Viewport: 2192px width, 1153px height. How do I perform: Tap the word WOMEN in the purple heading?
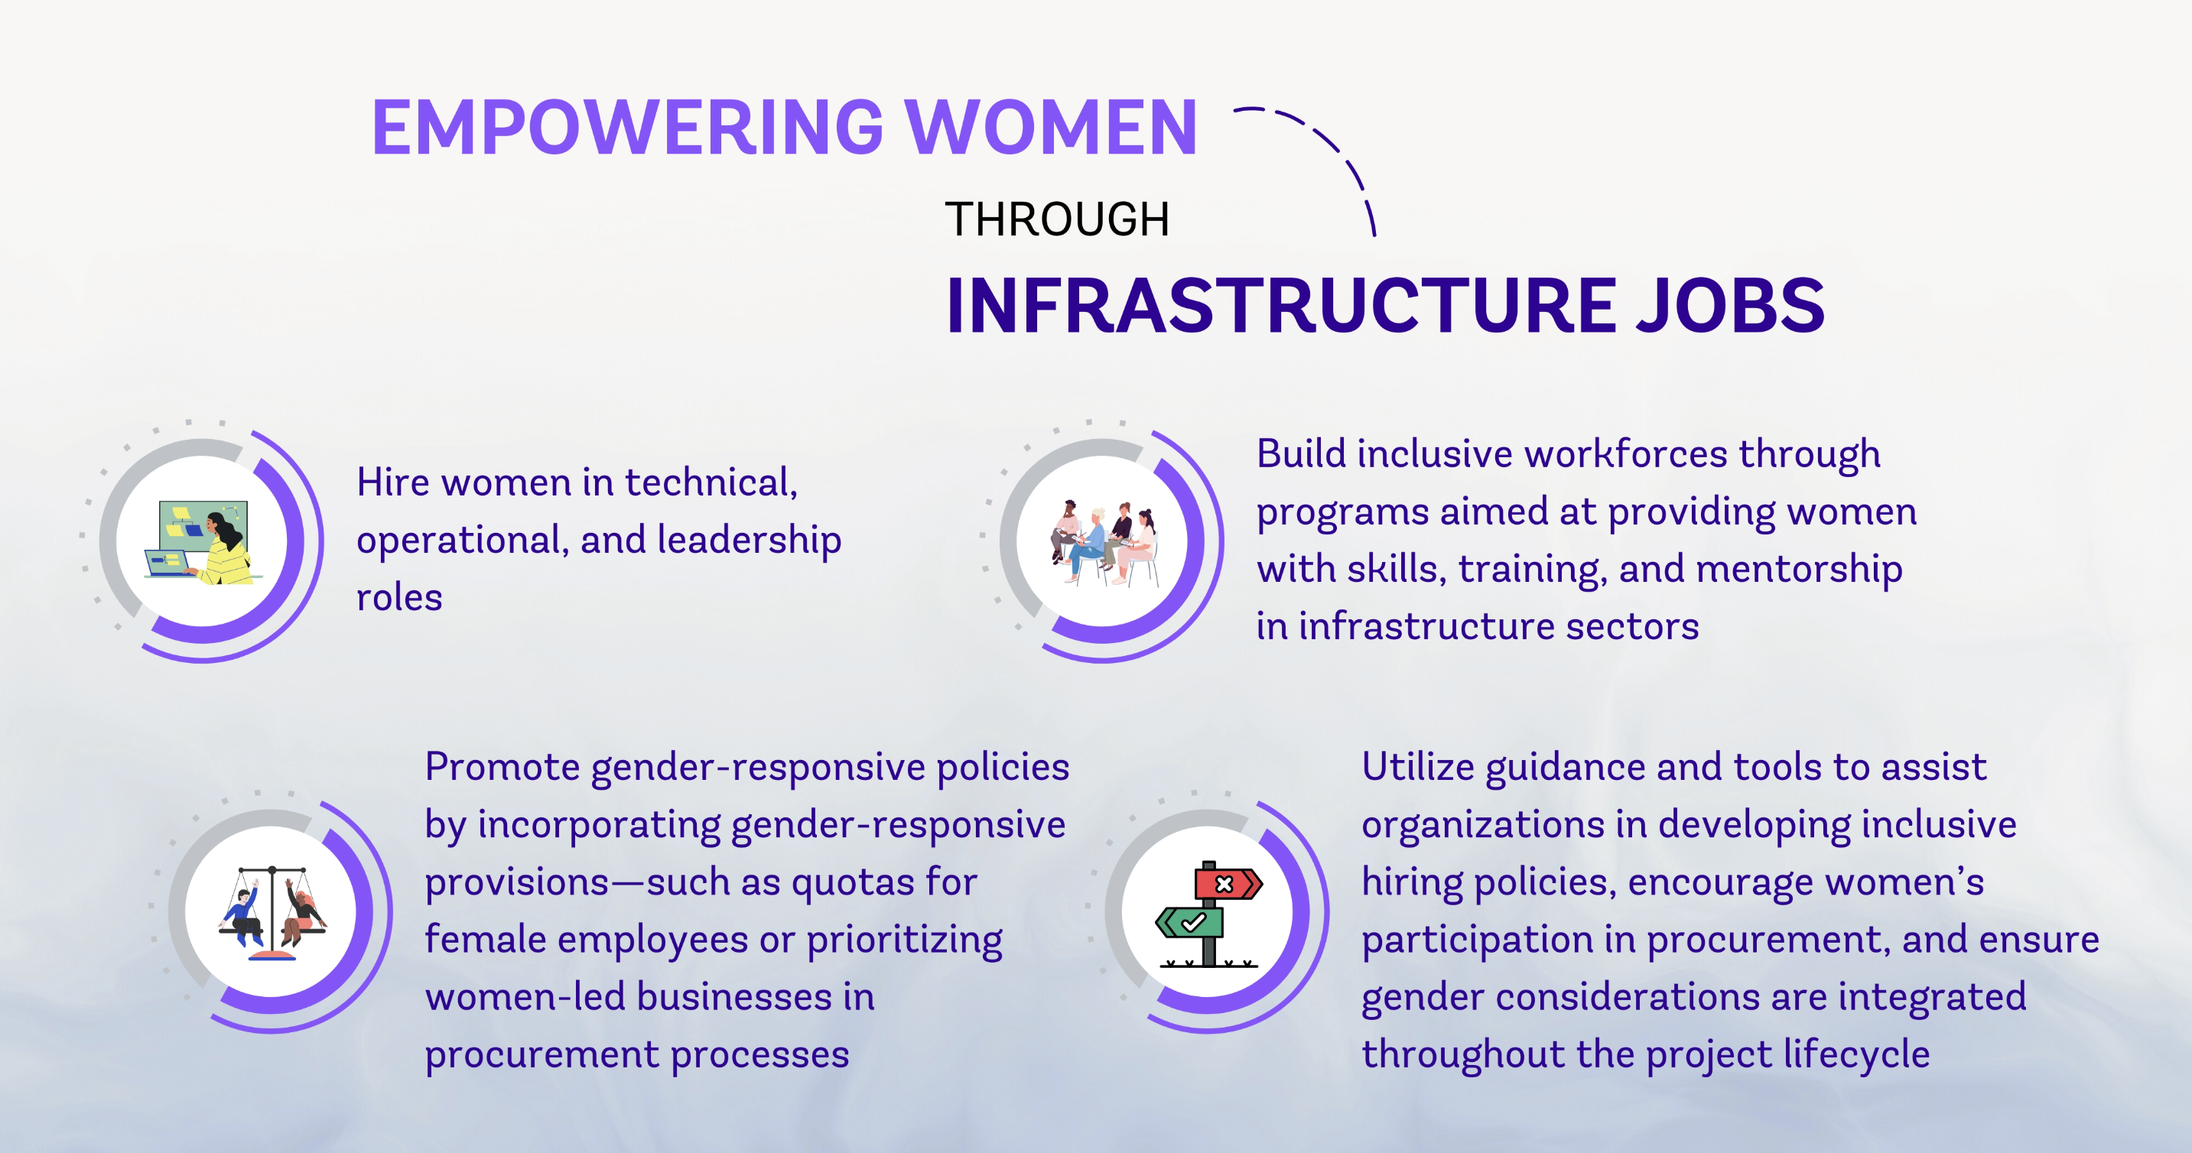coord(1051,128)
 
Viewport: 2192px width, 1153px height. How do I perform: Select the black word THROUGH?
coord(1057,219)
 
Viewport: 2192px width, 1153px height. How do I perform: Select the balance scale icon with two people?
coord(272,912)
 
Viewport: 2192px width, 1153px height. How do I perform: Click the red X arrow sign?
coord(1228,883)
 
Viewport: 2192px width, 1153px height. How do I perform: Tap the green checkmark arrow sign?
coord(1189,922)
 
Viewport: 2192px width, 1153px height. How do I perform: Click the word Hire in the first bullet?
coord(392,482)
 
